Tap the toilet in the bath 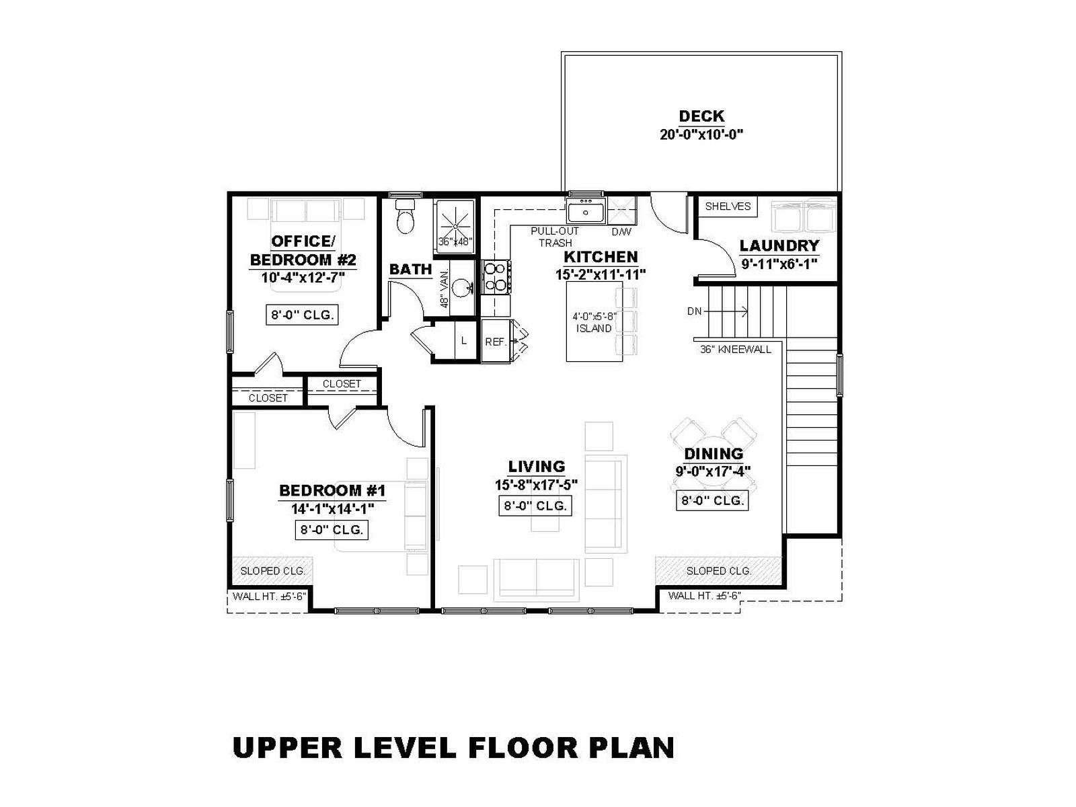pos(405,216)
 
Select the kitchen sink pos(586,210)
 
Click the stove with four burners pos(496,277)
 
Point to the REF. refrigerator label pos(496,342)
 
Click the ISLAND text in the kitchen pos(594,328)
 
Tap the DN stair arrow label pos(694,311)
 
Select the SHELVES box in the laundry pos(728,206)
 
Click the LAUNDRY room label pos(779,245)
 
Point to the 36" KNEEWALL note pos(735,349)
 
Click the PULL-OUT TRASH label pos(555,237)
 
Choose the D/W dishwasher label pos(621,232)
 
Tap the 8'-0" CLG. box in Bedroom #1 pos(332,530)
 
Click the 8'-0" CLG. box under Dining pos(712,501)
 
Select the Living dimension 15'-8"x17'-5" pos(536,485)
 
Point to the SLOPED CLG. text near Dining pos(718,571)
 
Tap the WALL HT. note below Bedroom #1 pos(269,597)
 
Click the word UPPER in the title pos(287,748)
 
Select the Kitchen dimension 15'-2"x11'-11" pos(601,274)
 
